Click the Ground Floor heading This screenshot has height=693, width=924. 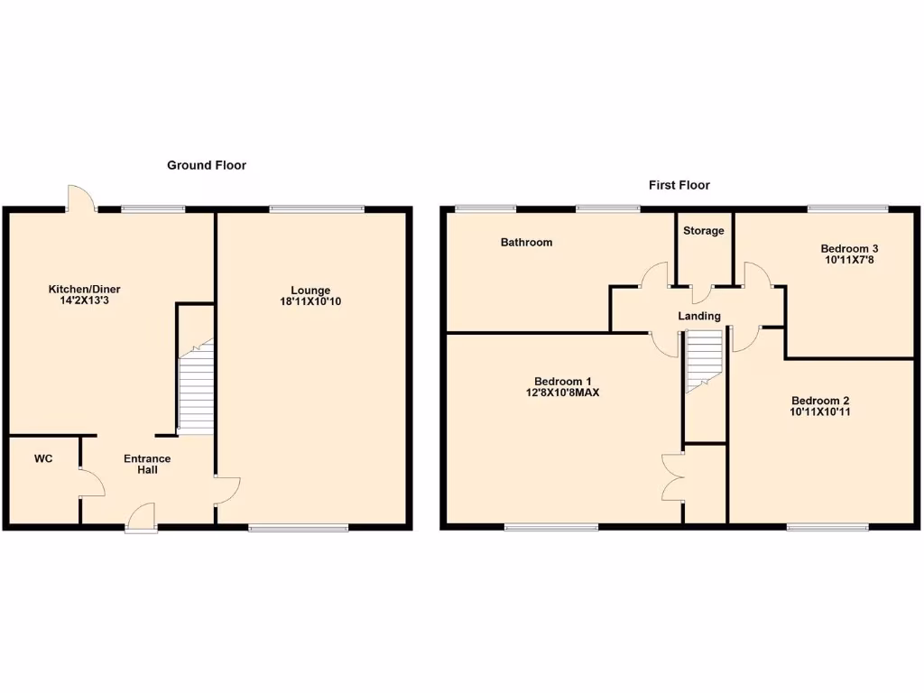coord(206,165)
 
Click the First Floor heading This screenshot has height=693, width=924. coord(679,185)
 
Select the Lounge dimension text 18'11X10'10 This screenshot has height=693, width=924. coord(310,301)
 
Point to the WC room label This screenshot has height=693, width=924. coord(43,459)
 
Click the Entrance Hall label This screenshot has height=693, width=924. coord(147,464)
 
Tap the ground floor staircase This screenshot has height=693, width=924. coord(196,388)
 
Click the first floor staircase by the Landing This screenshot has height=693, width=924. coord(704,359)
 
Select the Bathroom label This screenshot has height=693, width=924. coord(527,242)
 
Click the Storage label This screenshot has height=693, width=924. coord(703,231)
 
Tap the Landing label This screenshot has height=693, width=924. coord(699,316)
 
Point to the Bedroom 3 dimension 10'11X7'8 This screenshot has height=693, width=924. coord(848,260)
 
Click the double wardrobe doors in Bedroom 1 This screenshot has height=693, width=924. coord(672,476)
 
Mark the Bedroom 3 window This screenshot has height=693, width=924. coord(847,209)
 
